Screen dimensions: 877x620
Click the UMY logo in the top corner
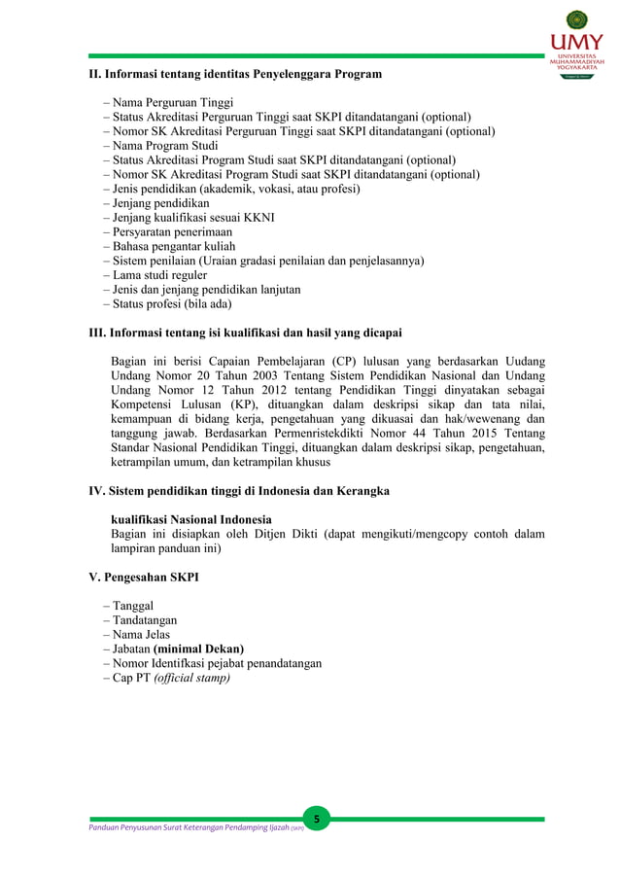click(576, 45)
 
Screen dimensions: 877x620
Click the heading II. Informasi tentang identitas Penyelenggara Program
click(235, 74)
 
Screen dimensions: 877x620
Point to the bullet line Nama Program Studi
click(159, 145)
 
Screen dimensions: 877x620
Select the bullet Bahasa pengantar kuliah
click(168, 246)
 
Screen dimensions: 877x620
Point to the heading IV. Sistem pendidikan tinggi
click(239, 491)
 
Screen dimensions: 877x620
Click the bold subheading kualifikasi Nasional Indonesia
click(191, 519)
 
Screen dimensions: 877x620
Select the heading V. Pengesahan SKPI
click(144, 577)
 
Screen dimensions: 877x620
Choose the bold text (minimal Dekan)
click(198, 649)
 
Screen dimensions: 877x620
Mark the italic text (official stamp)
click(192, 678)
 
